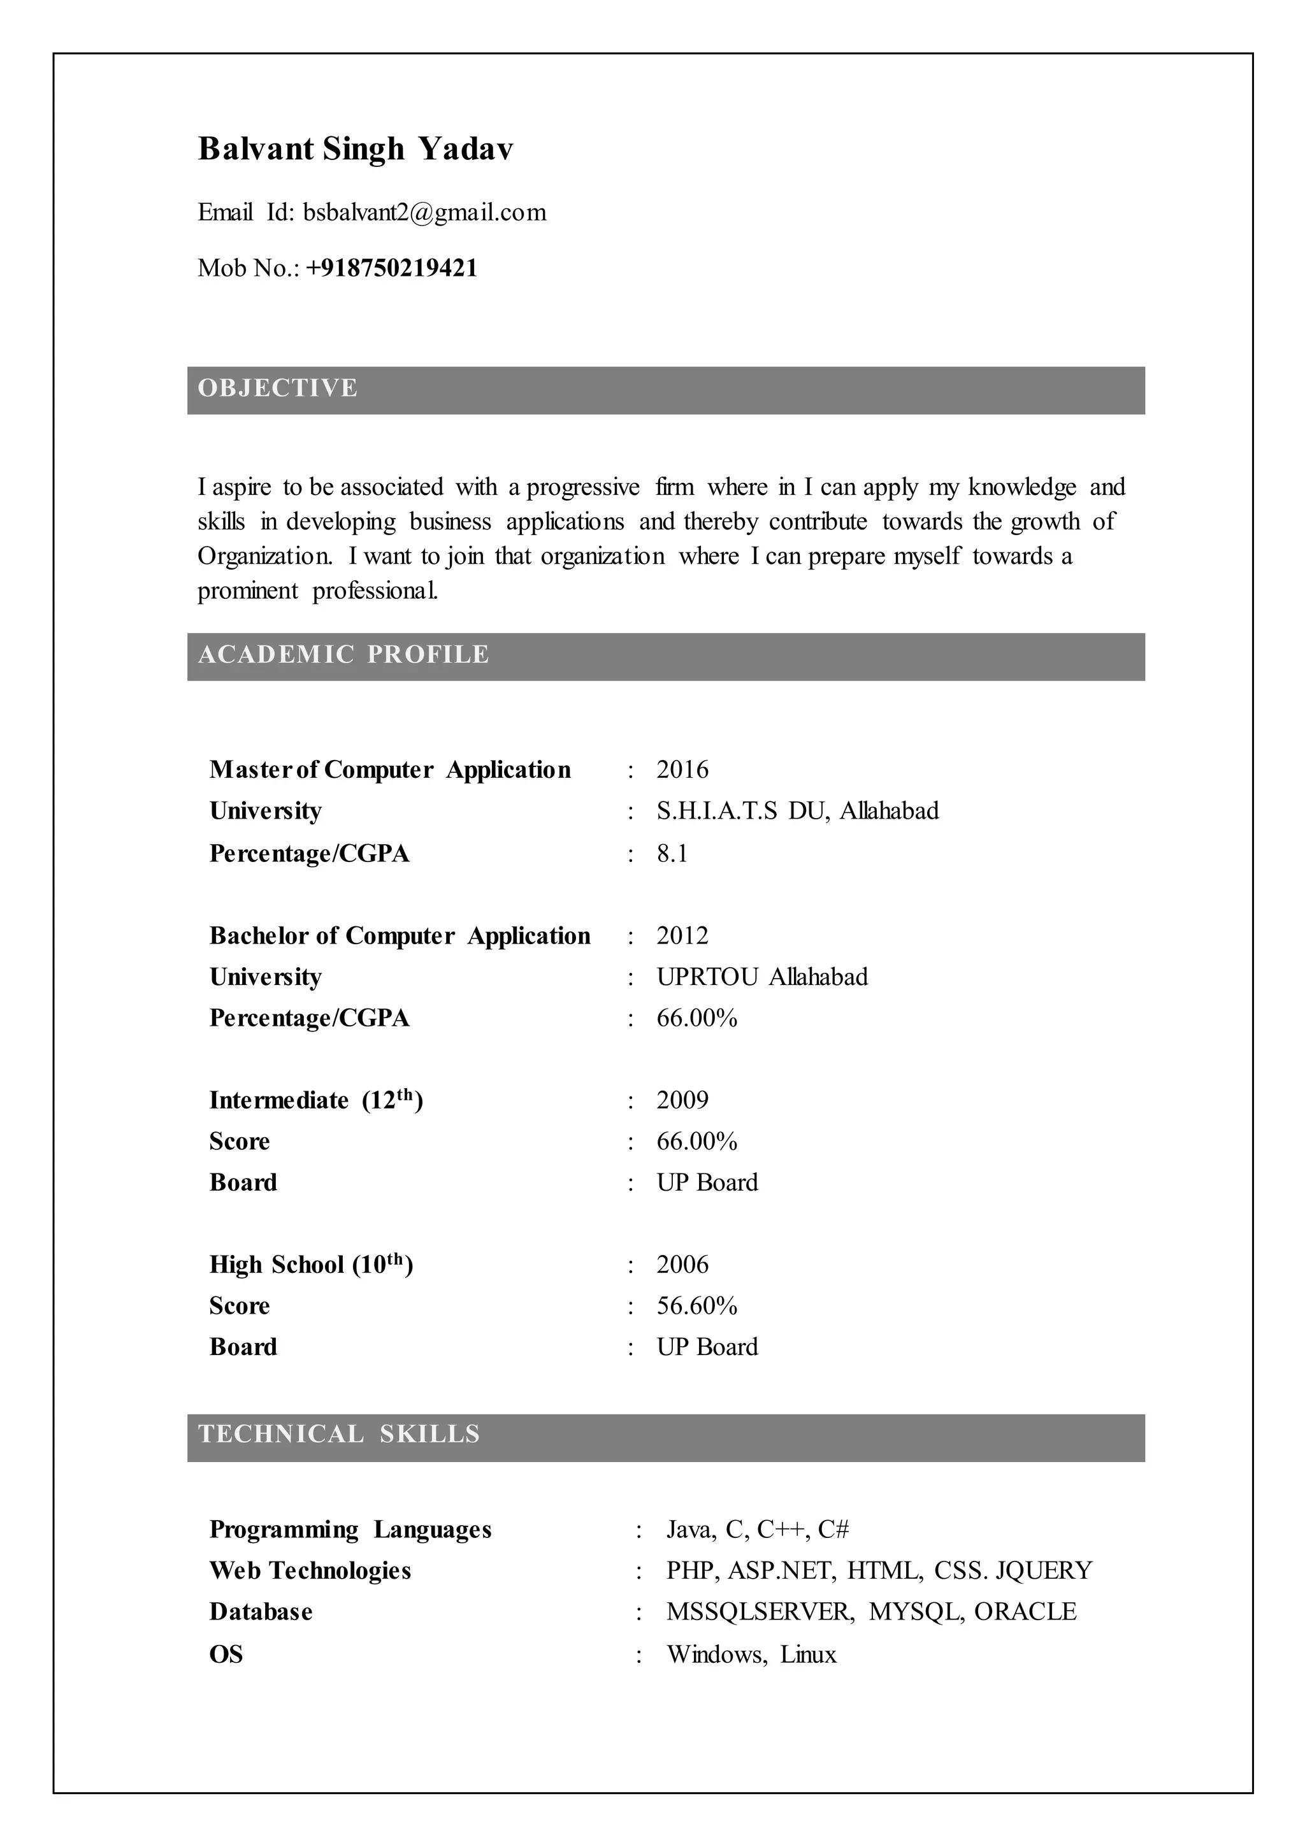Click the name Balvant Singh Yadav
[x=355, y=148]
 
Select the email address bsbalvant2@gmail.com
[x=424, y=212]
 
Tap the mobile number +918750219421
[x=391, y=268]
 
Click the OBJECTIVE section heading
[x=278, y=388]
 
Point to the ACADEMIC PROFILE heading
[x=343, y=654]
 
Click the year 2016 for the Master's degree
[x=682, y=770]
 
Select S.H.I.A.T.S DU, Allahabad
[x=797, y=811]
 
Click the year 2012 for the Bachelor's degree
[x=682, y=935]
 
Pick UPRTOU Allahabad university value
[x=762, y=977]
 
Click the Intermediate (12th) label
[x=316, y=1100]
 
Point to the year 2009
[x=682, y=1100]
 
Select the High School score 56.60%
[x=696, y=1306]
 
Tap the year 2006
[x=682, y=1265]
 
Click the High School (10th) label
[x=311, y=1265]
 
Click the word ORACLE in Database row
[x=1025, y=1612]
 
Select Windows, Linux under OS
[x=751, y=1655]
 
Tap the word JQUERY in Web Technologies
[x=1044, y=1571]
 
